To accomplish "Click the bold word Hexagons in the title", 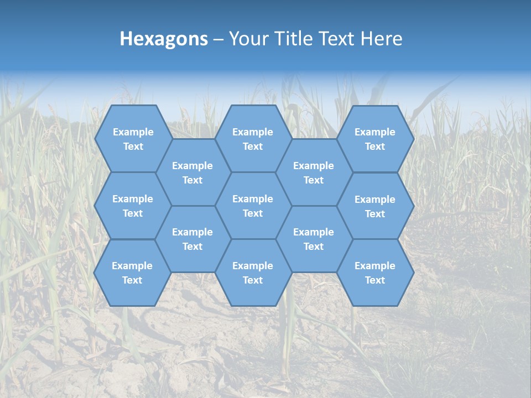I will click(x=164, y=39).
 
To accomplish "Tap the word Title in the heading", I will click(x=294, y=39).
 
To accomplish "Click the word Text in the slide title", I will click(x=338, y=39).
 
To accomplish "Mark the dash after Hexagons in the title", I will click(x=218, y=39).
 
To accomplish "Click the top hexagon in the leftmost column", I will click(x=133, y=139).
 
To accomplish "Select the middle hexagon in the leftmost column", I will click(x=133, y=206).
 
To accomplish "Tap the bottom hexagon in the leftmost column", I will click(x=132, y=273).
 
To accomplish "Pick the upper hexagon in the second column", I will click(x=192, y=172).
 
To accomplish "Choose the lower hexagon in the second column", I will click(x=192, y=239).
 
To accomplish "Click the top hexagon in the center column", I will click(x=253, y=139).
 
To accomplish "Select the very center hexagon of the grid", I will click(x=253, y=206).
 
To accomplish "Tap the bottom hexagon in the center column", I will click(x=253, y=273).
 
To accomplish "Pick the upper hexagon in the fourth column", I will click(x=314, y=172).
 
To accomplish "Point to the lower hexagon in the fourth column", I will click(x=314, y=239).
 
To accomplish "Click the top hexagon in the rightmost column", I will click(x=375, y=139).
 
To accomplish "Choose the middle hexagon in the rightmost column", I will click(x=375, y=206).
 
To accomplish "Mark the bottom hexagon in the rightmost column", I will click(x=375, y=273).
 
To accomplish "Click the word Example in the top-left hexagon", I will click(x=133, y=132).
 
